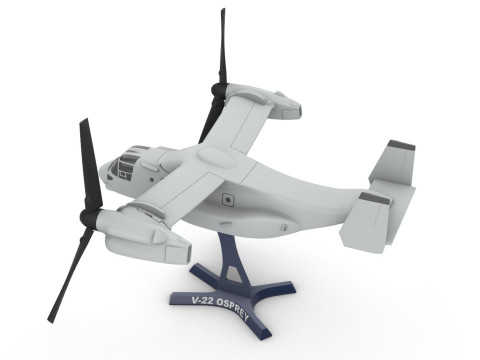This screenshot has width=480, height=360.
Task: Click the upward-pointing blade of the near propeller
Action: point(89,160)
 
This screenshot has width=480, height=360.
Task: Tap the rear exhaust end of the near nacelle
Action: point(180,250)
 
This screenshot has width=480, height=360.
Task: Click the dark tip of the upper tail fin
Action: point(401,146)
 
